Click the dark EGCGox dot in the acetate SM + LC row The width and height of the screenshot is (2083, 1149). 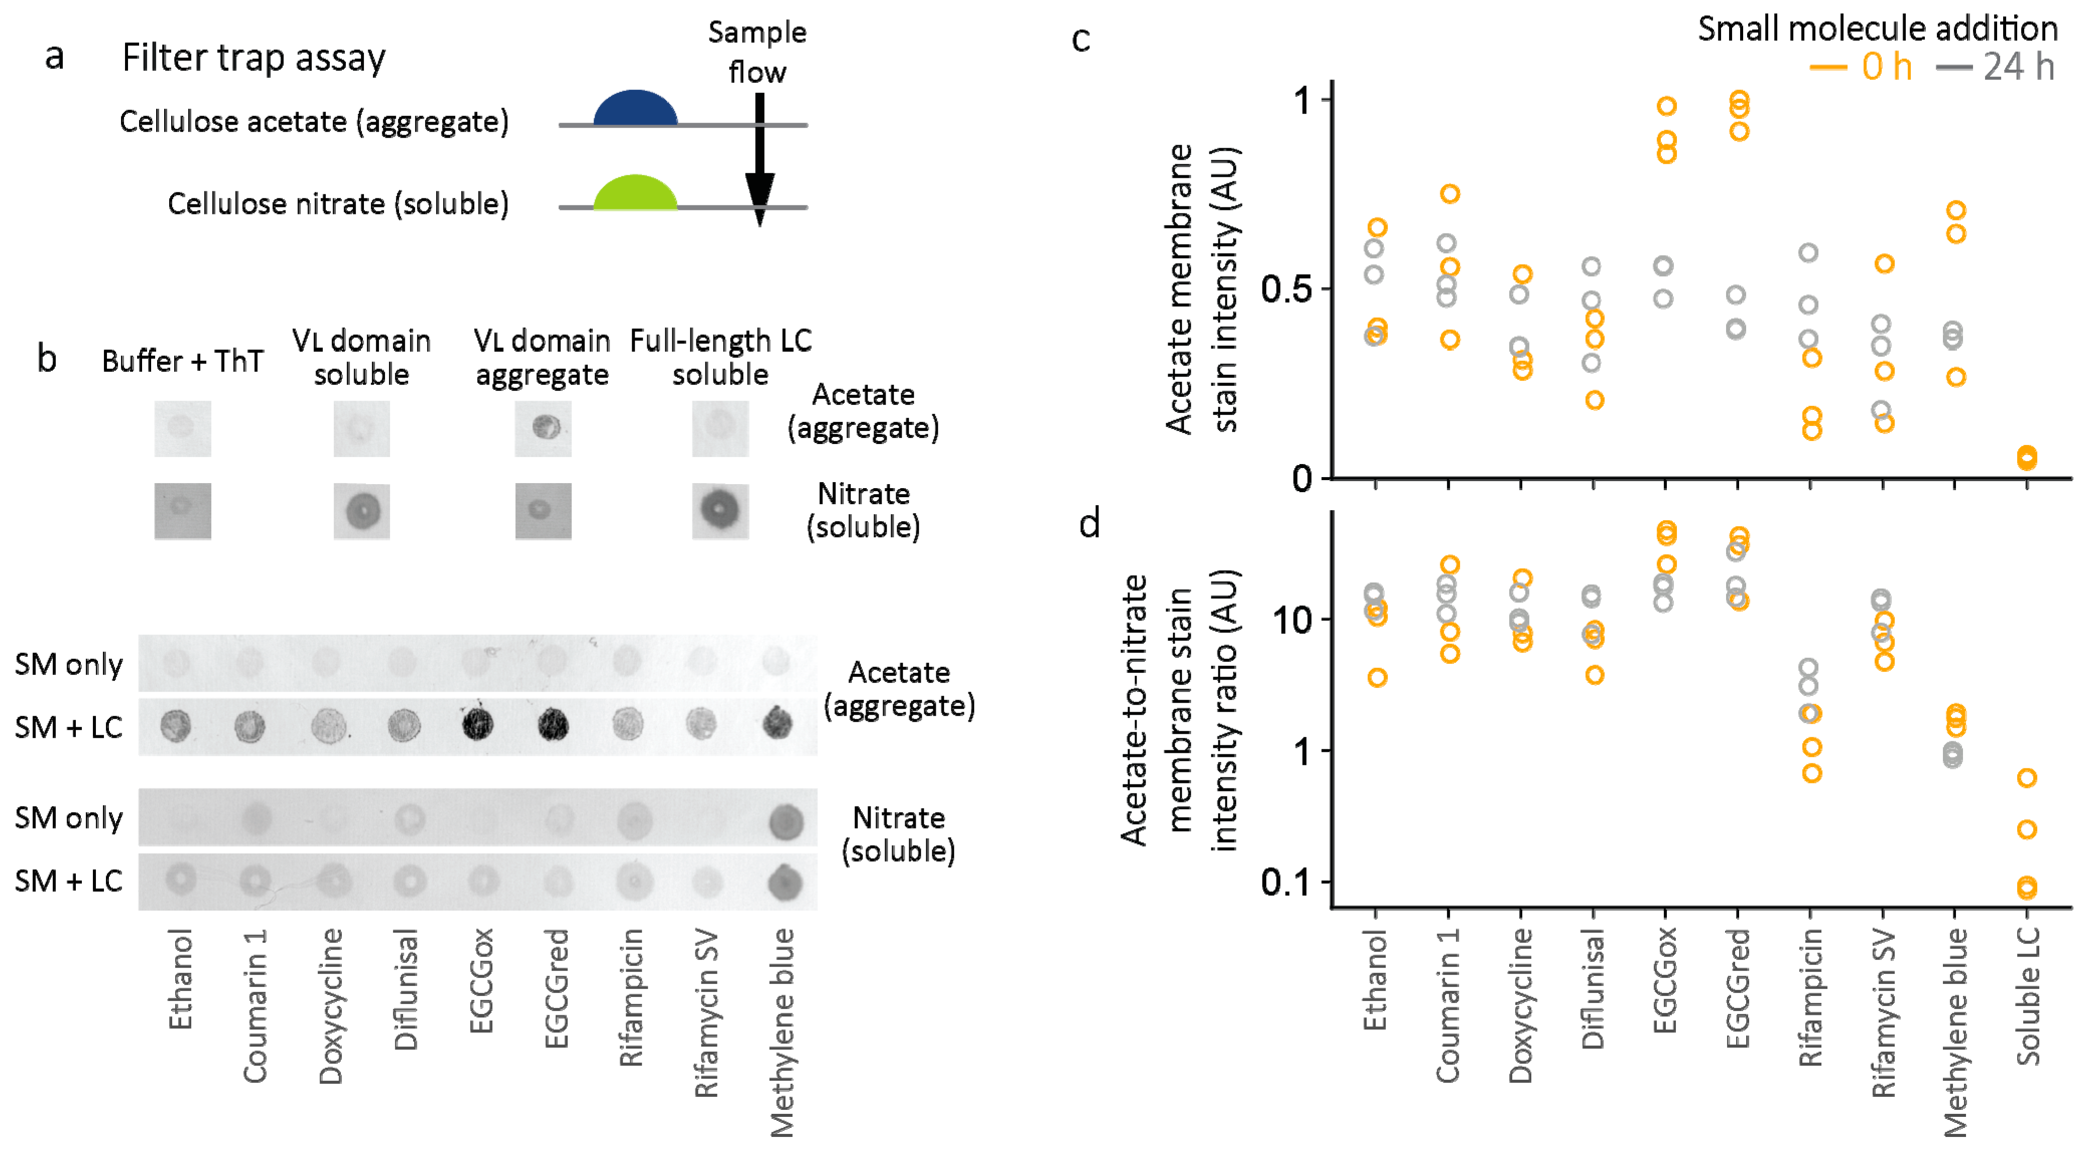pyautogui.click(x=478, y=724)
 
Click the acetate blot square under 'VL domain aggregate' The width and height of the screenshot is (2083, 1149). pyautogui.click(x=543, y=428)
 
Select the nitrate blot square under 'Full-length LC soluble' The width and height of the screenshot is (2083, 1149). pyautogui.click(x=719, y=511)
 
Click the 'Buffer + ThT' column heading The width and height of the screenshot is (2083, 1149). pyautogui.click(x=183, y=361)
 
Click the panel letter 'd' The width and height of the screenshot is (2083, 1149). pyautogui.click(x=1089, y=524)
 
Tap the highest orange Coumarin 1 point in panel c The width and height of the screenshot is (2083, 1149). pyautogui.click(x=1450, y=194)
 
